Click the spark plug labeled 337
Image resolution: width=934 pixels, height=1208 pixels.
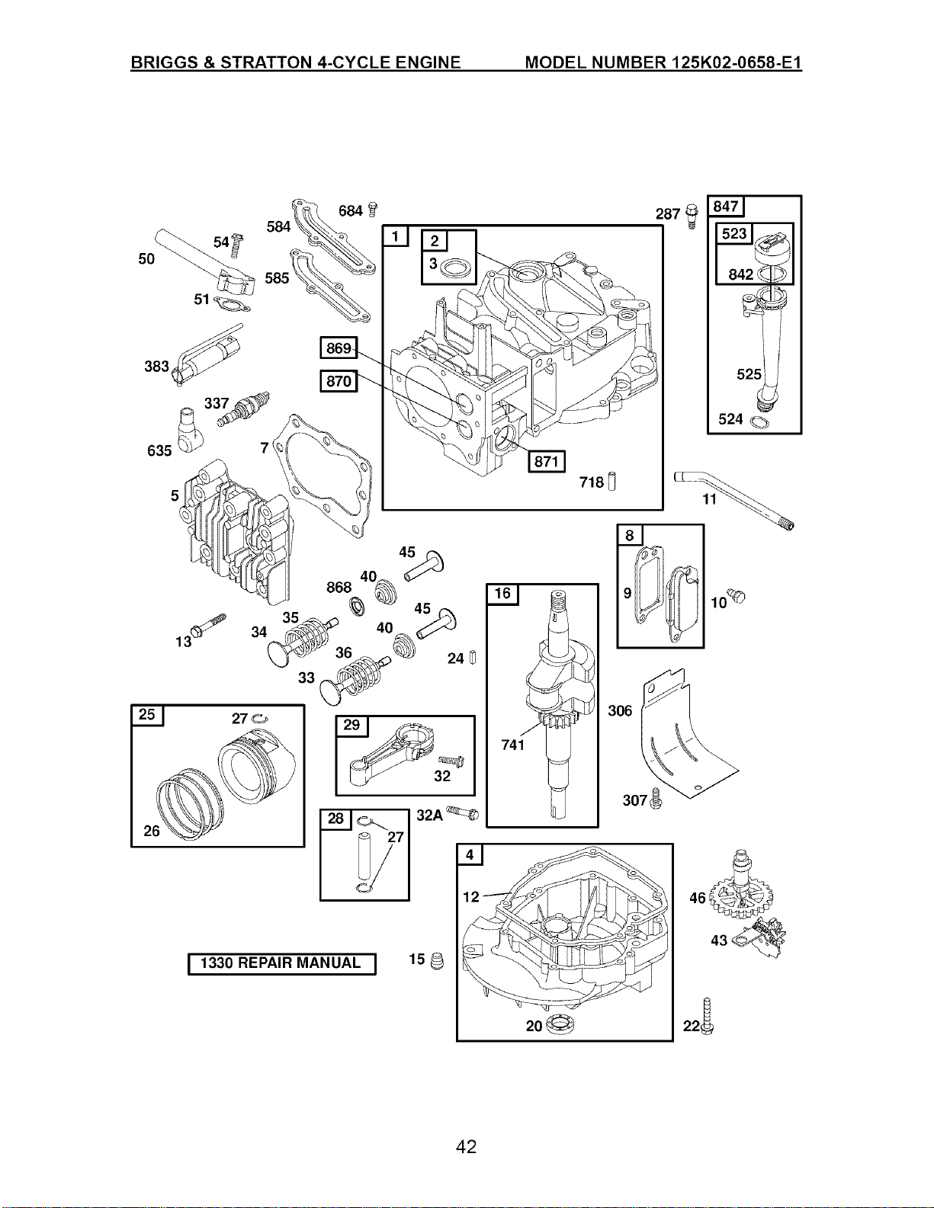pyautogui.click(x=244, y=409)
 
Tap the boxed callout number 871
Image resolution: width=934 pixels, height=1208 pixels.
pyautogui.click(x=546, y=461)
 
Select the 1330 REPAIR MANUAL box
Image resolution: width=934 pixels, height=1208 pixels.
pyautogui.click(x=282, y=963)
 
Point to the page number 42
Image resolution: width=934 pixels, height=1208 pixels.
pyautogui.click(x=466, y=1147)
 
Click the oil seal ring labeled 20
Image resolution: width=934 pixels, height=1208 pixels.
pyautogui.click(x=560, y=1024)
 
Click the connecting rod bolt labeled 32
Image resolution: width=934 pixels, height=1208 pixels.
pyautogui.click(x=451, y=760)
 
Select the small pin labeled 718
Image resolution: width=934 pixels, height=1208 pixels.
pyautogui.click(x=612, y=482)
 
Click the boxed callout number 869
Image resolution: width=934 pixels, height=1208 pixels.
pyautogui.click(x=339, y=348)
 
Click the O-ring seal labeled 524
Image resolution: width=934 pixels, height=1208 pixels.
pyautogui.click(x=759, y=423)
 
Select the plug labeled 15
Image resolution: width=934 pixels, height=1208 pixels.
pyautogui.click(x=438, y=960)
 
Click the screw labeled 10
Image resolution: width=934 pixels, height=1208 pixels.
pyautogui.click(x=738, y=596)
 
